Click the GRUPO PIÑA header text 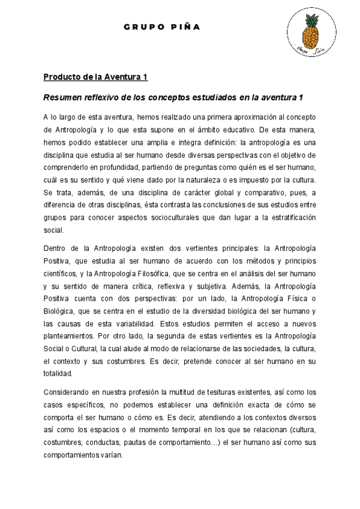[162, 27]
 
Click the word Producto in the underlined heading [62, 77]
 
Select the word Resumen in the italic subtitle [65, 97]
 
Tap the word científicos [62, 273]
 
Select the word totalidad [59, 373]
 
